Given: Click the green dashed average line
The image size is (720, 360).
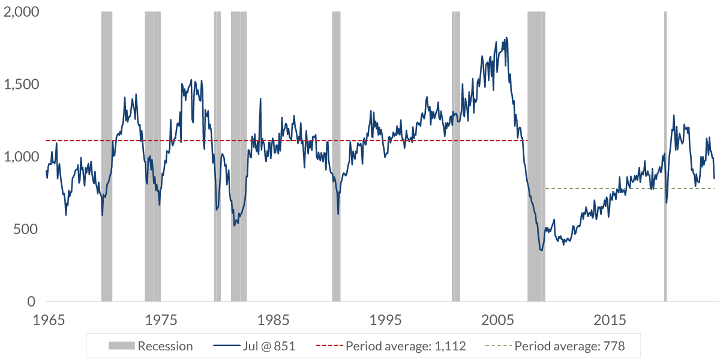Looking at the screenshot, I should click(630, 188).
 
